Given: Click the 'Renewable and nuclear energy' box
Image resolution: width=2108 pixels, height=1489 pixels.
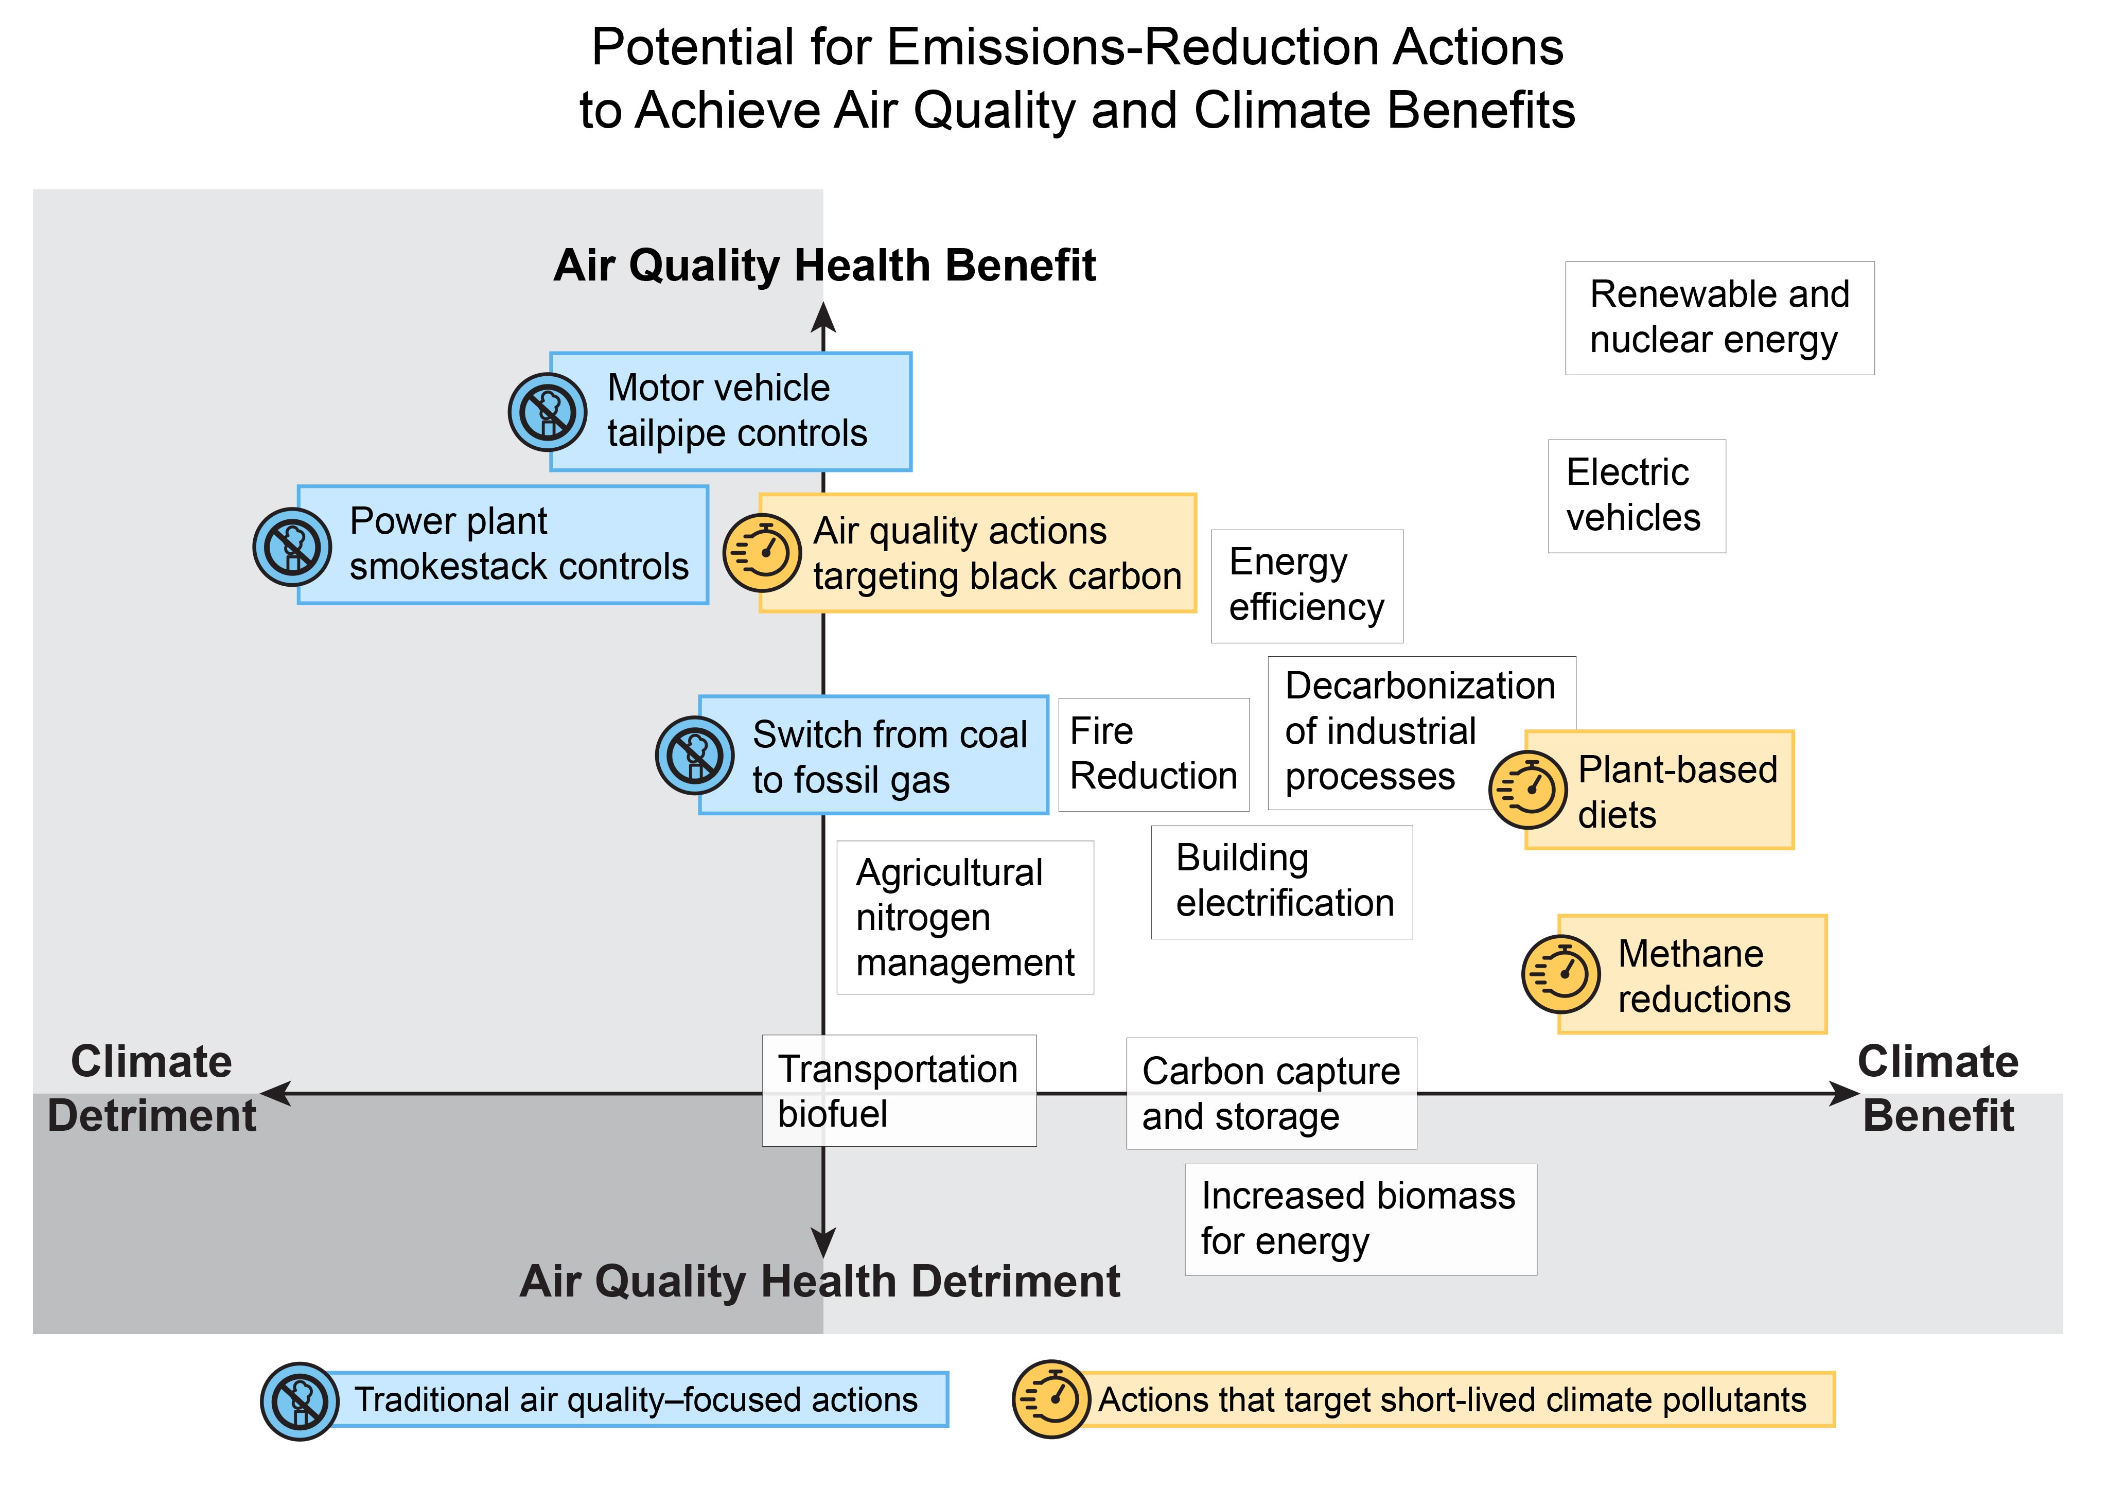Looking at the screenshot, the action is (x=1719, y=318).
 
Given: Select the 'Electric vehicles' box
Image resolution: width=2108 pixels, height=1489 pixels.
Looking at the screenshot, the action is (x=1637, y=496).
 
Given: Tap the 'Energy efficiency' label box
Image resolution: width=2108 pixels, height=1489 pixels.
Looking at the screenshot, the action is (x=1307, y=586).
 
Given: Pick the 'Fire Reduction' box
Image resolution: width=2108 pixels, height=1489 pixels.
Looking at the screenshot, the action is (x=1154, y=755).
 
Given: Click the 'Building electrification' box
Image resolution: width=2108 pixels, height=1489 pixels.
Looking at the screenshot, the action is (x=1281, y=882).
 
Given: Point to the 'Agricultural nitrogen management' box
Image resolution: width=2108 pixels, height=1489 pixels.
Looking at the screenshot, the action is (x=965, y=917).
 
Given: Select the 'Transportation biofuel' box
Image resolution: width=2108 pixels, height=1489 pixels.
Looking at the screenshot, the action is (x=899, y=1091).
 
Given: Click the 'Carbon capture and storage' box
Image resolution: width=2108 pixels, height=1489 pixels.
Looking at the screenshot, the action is (x=1272, y=1093).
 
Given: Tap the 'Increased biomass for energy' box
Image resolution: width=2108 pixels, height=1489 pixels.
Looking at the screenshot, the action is (x=1361, y=1219).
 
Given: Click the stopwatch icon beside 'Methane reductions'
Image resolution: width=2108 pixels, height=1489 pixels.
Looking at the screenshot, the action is (x=1561, y=974).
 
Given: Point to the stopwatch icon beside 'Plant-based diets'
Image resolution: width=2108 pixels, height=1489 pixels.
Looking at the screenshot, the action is (x=1528, y=790).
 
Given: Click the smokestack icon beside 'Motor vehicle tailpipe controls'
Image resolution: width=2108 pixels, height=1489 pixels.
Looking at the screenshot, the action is (x=548, y=412).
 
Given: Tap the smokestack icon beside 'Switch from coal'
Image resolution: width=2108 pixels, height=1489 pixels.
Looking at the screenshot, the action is (x=695, y=756).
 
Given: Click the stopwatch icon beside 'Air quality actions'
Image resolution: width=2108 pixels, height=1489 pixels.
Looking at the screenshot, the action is (x=762, y=553).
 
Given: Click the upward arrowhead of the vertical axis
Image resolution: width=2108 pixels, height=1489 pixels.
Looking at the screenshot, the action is (x=823, y=317).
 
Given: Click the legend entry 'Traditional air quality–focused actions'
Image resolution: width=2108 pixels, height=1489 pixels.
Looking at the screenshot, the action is (x=605, y=1400).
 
